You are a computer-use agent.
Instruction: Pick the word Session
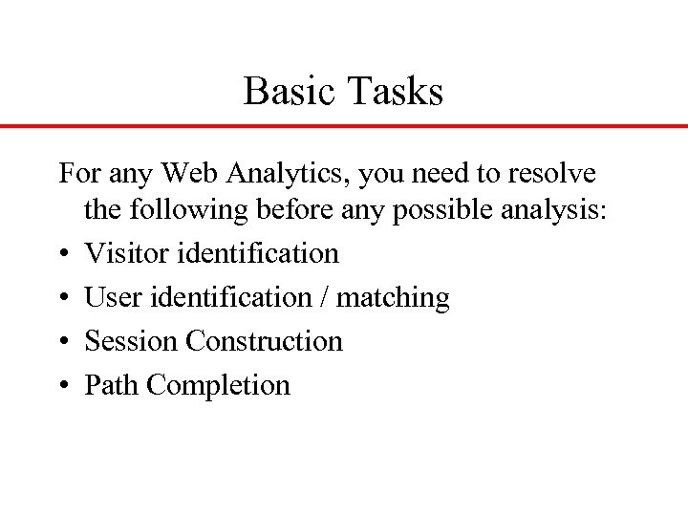coord(132,341)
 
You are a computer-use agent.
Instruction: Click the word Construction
coord(264,341)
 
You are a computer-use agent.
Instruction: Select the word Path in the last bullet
coord(113,385)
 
